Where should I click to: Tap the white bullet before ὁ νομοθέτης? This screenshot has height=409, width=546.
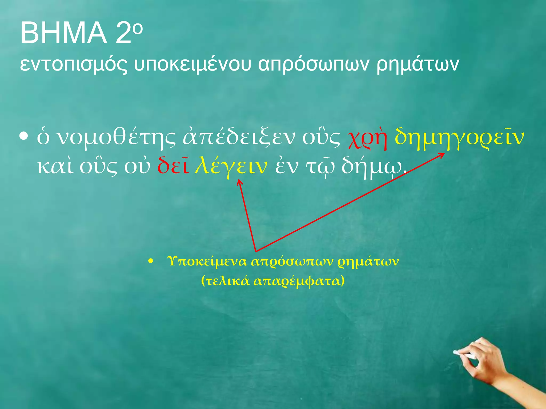pyautogui.click(x=24, y=137)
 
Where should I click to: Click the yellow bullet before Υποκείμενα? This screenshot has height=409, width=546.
pyautogui.click(x=151, y=262)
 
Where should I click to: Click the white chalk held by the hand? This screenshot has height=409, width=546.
pyautogui.click(x=464, y=354)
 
